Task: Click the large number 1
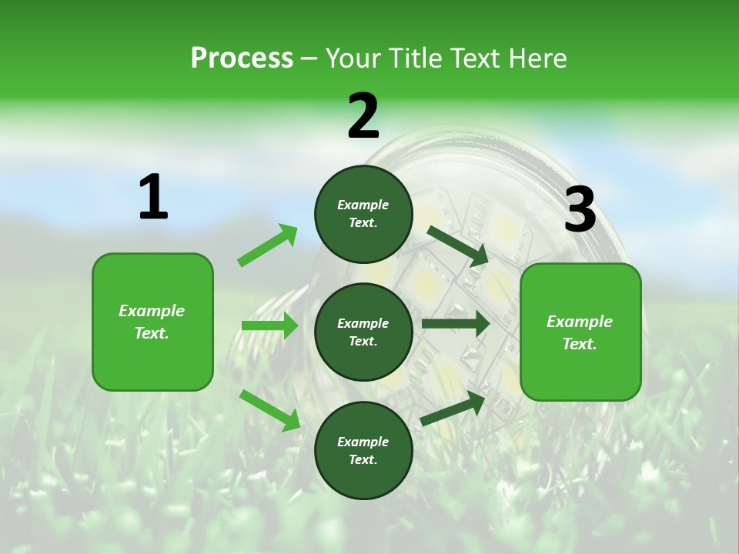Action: pyautogui.click(x=153, y=198)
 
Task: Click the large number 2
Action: pyautogui.click(x=363, y=117)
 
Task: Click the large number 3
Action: pyautogui.click(x=580, y=210)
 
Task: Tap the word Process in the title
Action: pyautogui.click(x=242, y=58)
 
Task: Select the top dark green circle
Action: pyautogui.click(x=363, y=214)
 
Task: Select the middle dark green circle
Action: pyautogui.click(x=363, y=332)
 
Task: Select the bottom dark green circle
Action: pyautogui.click(x=363, y=450)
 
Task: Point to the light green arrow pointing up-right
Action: pyautogui.click(x=268, y=245)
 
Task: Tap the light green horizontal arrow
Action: pyautogui.click(x=269, y=325)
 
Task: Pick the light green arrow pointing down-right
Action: pyautogui.click(x=269, y=410)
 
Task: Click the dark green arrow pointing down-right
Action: pyautogui.click(x=458, y=245)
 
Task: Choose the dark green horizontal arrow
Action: pyautogui.click(x=455, y=324)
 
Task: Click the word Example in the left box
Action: pyautogui.click(x=152, y=311)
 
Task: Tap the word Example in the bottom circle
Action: pyautogui.click(x=363, y=442)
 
